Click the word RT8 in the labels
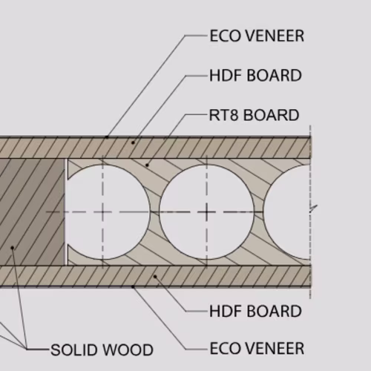click(x=223, y=115)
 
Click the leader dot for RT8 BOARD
click(x=147, y=165)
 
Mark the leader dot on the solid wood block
click(x=13, y=248)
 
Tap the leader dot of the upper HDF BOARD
click(x=133, y=142)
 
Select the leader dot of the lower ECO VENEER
click(x=133, y=286)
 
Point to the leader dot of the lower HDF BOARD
click(x=155, y=277)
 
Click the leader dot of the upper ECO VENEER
click(x=107, y=137)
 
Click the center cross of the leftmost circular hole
click(x=102, y=212)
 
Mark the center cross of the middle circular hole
click(x=207, y=212)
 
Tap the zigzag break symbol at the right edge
click(x=313, y=209)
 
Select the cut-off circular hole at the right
click(x=287, y=212)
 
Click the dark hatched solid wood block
click(x=32, y=212)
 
